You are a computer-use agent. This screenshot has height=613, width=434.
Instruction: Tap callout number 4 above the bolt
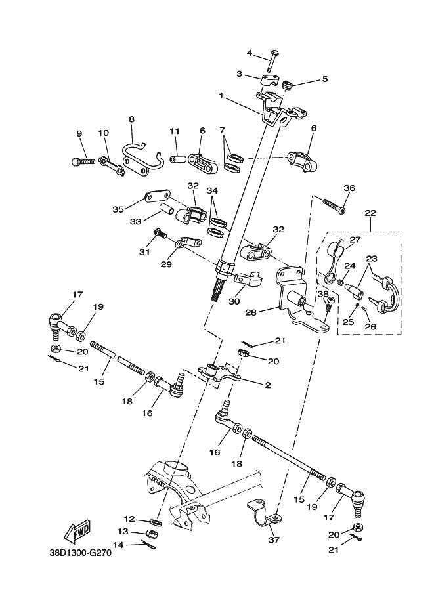coord(250,53)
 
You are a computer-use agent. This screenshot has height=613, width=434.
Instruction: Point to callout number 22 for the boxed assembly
coord(370,213)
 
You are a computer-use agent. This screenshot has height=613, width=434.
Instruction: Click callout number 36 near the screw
coord(349,188)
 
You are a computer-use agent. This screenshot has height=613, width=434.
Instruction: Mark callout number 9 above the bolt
coord(79,133)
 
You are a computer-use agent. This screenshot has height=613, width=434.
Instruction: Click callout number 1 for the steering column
coord(222,96)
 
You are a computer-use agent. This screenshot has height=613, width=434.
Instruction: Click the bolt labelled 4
coord(271,63)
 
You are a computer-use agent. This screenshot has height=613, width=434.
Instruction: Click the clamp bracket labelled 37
coord(262,513)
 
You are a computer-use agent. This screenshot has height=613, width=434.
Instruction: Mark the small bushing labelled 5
coord(288,85)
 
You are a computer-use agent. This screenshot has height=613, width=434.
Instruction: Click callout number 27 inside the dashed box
coord(355,240)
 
